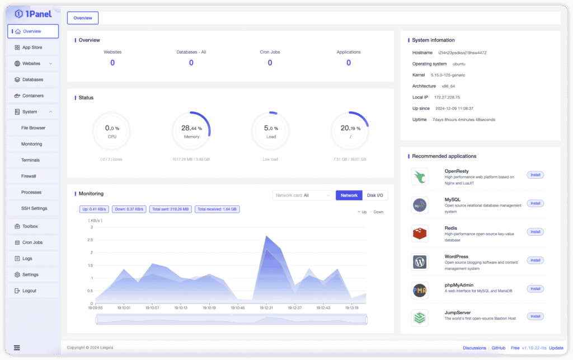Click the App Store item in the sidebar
(32, 48)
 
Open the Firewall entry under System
(29, 176)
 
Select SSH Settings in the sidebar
(34, 208)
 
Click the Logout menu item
(29, 291)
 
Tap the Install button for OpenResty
(535, 175)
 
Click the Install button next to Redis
(535, 232)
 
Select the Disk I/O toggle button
(375, 195)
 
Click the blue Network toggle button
(349, 195)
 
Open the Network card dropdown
(303, 195)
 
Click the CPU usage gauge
(112, 131)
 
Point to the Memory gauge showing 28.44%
(191, 131)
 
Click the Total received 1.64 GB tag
(217, 209)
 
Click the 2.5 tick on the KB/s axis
(91, 240)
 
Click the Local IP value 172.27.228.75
(447, 97)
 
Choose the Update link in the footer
(556, 348)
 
